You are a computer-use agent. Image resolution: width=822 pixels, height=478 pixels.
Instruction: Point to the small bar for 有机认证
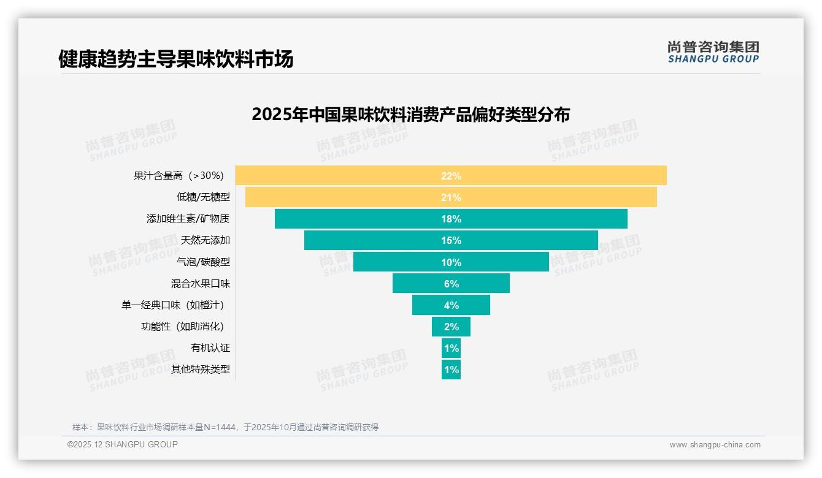click(x=451, y=348)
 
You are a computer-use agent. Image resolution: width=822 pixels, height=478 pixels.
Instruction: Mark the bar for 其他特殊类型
click(x=451, y=370)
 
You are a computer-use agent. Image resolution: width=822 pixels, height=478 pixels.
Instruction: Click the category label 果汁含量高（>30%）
click(x=179, y=176)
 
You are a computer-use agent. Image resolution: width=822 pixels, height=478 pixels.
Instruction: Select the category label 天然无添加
click(x=205, y=240)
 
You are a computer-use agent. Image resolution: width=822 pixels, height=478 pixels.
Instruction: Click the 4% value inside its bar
click(x=451, y=305)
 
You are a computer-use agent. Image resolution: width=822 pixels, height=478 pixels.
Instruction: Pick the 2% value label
click(x=451, y=327)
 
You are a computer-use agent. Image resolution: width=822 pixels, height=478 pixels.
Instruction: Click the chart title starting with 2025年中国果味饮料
click(x=410, y=115)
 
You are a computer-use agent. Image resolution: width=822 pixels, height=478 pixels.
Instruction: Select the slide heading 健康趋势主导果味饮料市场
click(x=175, y=59)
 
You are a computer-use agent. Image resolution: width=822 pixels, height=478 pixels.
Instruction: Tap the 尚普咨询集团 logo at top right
click(x=713, y=51)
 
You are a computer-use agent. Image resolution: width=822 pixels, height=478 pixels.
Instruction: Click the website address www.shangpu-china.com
click(x=715, y=445)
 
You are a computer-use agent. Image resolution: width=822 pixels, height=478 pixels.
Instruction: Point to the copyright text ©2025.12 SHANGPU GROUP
click(x=123, y=444)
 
